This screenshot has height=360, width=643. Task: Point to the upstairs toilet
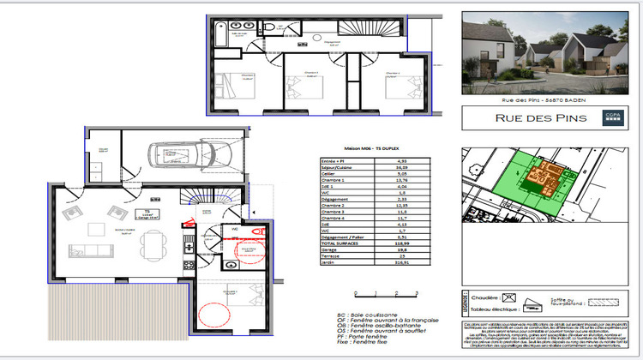click(x=269, y=27)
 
